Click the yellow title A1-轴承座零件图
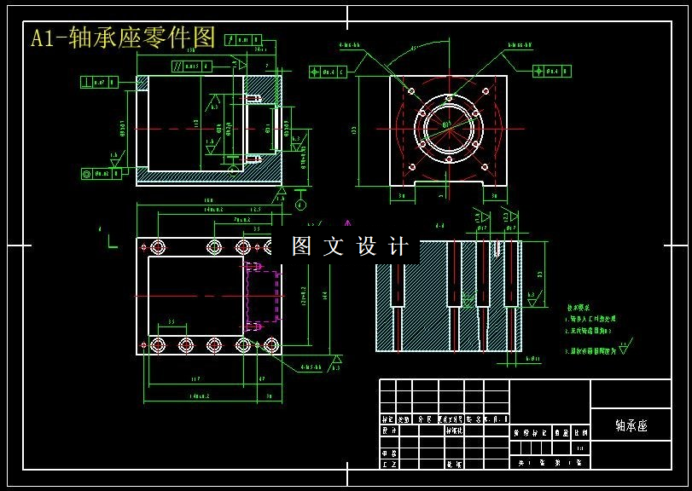(x=123, y=37)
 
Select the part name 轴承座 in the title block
(x=631, y=425)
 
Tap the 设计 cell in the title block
(x=388, y=431)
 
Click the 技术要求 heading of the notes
(x=580, y=308)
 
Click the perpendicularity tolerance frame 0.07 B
(x=100, y=83)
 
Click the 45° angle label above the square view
(x=415, y=49)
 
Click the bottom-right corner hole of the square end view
(x=486, y=167)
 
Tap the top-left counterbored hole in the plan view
(x=158, y=247)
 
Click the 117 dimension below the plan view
(x=195, y=378)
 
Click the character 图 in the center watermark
(x=302, y=247)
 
